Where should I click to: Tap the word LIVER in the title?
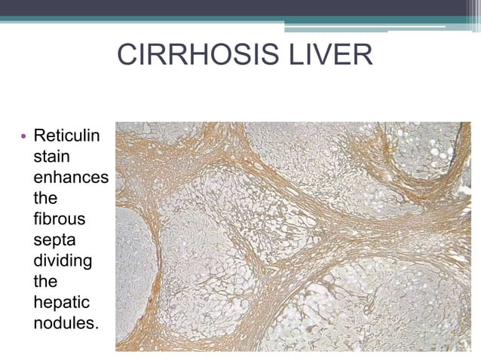[335, 56]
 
